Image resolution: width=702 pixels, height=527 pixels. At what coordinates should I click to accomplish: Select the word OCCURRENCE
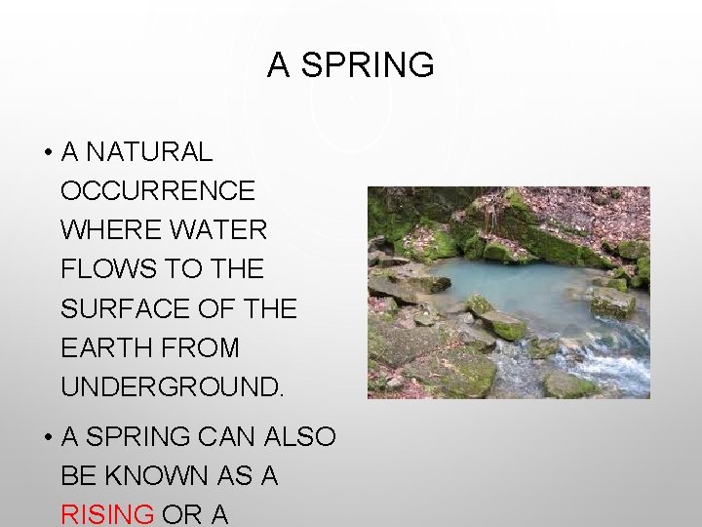[158, 191]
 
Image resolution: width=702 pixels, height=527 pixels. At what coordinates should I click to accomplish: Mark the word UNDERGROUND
[173, 386]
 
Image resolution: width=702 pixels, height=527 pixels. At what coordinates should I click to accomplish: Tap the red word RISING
[107, 514]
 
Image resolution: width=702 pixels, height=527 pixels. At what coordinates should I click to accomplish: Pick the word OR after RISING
[182, 514]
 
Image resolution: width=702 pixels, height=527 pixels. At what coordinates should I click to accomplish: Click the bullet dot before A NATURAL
[47, 153]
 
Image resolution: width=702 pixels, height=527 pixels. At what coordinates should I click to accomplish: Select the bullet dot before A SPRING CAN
[47, 438]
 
